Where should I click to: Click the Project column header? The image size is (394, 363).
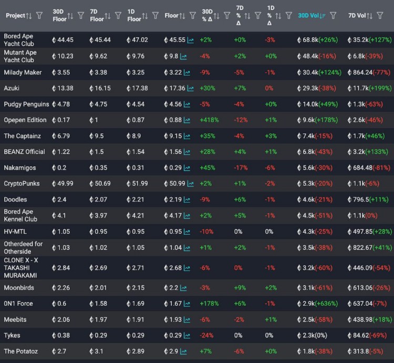[x=15, y=16]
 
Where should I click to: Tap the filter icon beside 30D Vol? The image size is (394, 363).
[x=333, y=16]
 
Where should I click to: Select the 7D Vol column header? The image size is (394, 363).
[x=357, y=16]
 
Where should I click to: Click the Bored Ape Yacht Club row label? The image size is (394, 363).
[x=19, y=40]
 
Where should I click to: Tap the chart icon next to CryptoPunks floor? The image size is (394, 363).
[x=190, y=184]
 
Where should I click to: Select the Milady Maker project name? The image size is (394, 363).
[x=23, y=72]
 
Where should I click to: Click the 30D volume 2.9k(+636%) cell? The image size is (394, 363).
[x=320, y=304]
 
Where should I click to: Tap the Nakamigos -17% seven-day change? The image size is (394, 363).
[x=242, y=168]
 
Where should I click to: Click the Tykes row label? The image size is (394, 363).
[x=12, y=335]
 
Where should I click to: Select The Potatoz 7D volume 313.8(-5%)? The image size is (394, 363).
[x=365, y=351]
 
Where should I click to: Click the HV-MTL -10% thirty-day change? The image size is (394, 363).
[x=208, y=231]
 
